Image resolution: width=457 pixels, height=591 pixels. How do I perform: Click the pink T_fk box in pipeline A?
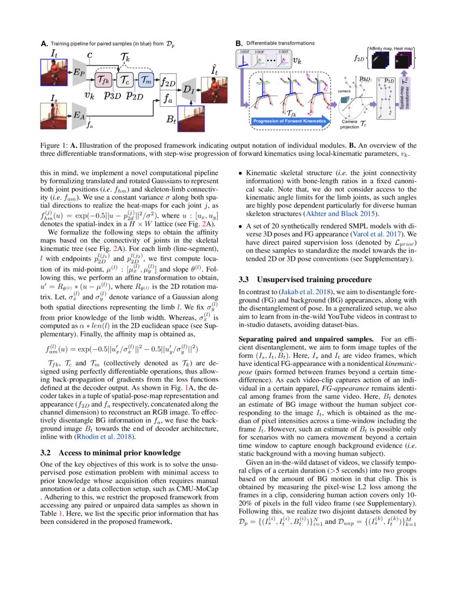point(104,81)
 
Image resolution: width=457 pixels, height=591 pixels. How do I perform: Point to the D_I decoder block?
point(188,89)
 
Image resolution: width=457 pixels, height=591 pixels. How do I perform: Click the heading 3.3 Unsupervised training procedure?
point(304,279)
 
